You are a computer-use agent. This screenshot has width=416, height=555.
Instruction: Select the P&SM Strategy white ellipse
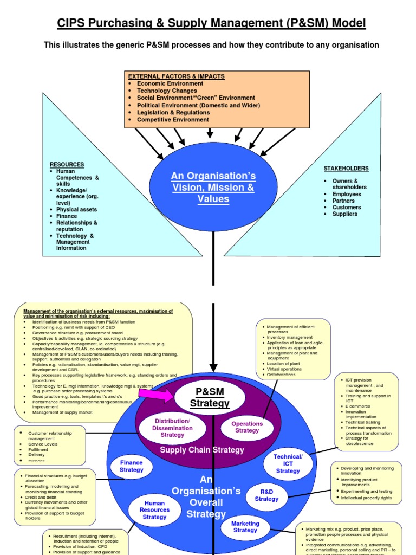(x=210, y=398)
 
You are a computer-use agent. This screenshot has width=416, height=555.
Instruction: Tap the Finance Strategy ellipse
(x=132, y=467)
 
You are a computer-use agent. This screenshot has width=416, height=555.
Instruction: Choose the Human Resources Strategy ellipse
(x=154, y=510)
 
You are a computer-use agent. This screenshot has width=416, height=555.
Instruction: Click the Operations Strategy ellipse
(x=247, y=427)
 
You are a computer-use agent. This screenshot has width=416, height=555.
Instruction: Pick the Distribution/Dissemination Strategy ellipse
(x=172, y=428)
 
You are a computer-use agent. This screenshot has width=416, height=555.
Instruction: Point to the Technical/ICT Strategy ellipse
(x=288, y=464)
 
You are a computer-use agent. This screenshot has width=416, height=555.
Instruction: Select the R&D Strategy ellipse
(x=266, y=495)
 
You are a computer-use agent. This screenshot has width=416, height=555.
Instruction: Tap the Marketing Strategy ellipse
(x=245, y=527)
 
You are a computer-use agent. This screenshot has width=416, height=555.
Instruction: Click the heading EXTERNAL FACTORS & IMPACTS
(x=176, y=76)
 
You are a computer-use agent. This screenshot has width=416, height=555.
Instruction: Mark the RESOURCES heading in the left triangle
(x=67, y=164)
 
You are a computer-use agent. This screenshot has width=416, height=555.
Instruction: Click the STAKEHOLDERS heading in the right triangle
(x=346, y=169)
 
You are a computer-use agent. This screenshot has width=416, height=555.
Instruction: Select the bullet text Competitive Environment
(x=173, y=120)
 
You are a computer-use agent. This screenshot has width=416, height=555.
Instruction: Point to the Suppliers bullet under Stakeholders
(x=345, y=214)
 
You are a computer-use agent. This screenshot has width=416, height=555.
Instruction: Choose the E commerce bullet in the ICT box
(x=359, y=405)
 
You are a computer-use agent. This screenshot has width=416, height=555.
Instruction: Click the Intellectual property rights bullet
(x=366, y=498)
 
